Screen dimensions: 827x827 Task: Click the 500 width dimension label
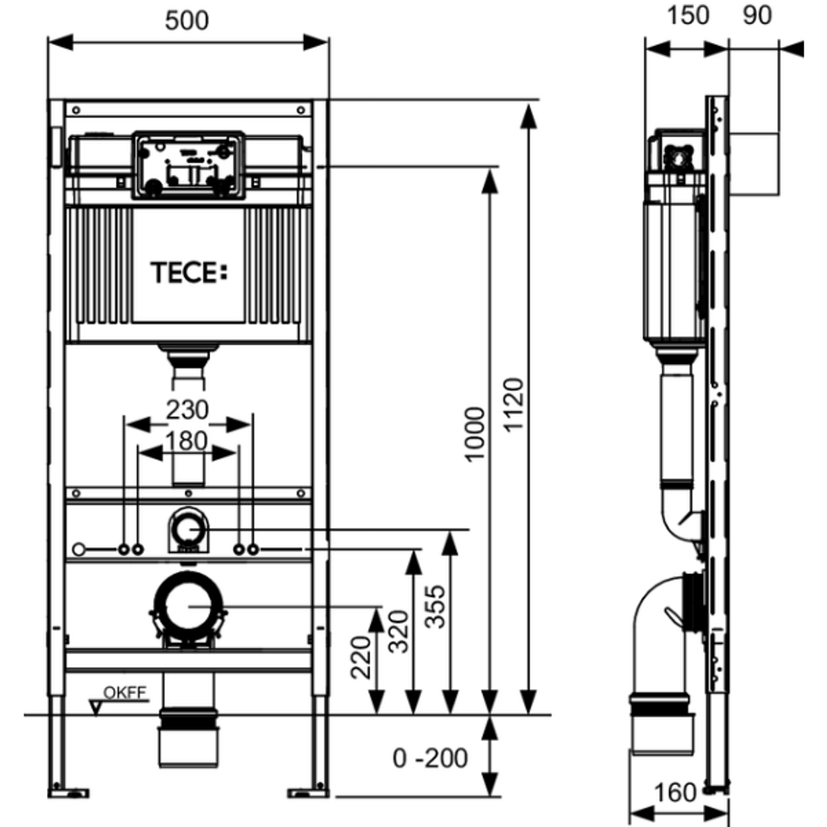point(187,22)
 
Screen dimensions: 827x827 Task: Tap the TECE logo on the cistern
point(187,272)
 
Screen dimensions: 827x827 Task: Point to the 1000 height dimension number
point(474,435)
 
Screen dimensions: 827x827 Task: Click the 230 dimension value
point(187,409)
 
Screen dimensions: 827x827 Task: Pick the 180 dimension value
point(187,440)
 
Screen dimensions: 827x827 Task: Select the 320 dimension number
point(399,633)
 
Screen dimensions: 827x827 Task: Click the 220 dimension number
point(361,657)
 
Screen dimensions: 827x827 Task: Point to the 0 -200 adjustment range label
point(430,757)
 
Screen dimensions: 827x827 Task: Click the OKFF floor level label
point(124,693)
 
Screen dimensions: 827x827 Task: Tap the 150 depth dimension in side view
point(686,17)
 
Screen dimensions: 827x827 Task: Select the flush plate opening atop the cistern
point(187,165)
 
